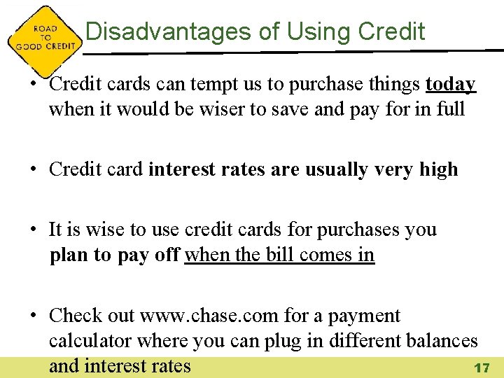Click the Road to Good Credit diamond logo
pos(44,37)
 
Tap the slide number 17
pos(481,367)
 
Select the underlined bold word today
pos(450,85)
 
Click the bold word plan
pos(71,255)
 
